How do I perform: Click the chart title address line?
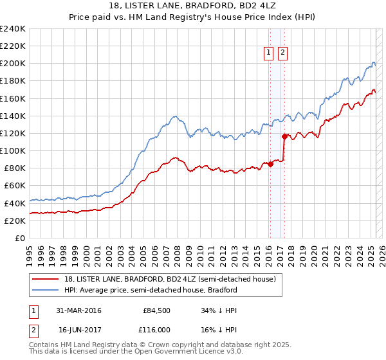coord(193,6)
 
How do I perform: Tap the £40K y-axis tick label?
coord(15,203)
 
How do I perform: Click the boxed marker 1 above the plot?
coord(268,53)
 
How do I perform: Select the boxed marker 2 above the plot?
coord(282,53)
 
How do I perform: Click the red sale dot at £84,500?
coord(270,164)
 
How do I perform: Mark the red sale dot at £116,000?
coord(284,136)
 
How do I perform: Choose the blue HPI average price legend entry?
coord(151,290)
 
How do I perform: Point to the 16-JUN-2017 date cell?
coord(78,329)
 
